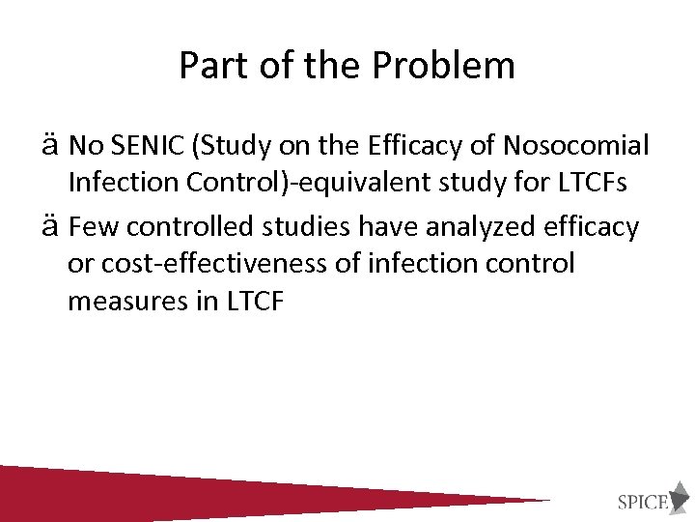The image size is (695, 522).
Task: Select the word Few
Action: coord(95,227)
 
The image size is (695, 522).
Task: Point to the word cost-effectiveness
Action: coord(207,264)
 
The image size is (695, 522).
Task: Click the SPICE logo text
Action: coord(643,501)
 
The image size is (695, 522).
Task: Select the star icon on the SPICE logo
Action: coord(680,494)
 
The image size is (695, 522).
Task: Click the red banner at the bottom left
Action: coord(145,493)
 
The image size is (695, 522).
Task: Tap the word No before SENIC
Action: coord(86,146)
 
